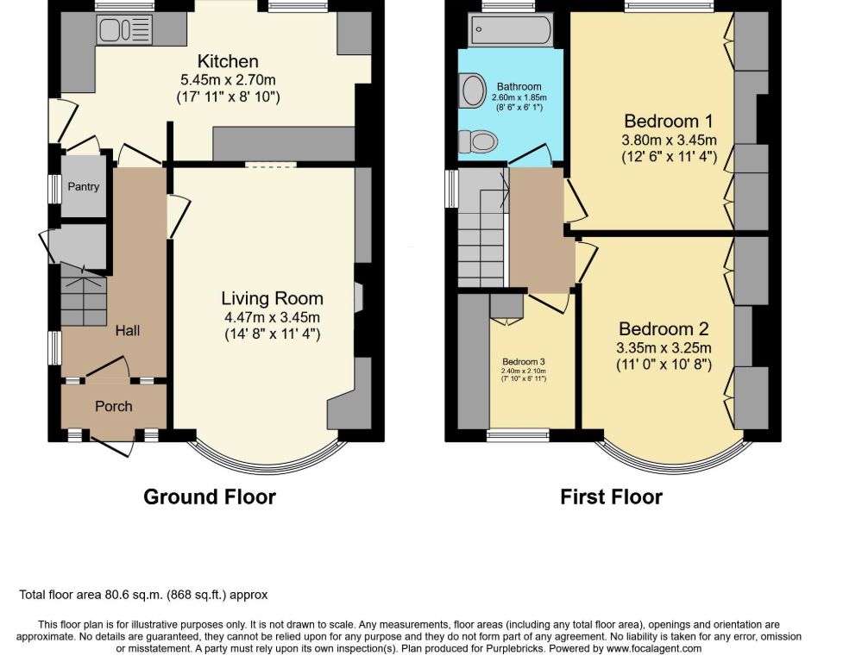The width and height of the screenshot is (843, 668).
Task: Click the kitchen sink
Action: point(125,28)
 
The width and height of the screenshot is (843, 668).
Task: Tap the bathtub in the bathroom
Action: point(510,30)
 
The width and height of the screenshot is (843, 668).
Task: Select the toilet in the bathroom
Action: point(478,141)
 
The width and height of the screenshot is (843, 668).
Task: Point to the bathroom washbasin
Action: point(471,89)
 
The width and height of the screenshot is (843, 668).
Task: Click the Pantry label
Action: point(84,186)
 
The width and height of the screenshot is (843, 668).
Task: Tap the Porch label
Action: point(113,406)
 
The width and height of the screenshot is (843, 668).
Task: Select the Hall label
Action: point(128,330)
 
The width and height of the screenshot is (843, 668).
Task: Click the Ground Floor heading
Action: point(210,496)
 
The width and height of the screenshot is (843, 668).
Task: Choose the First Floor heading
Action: point(611,496)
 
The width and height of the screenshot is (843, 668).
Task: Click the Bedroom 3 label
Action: point(524,362)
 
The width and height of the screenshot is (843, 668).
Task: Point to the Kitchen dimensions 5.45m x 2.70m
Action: point(228,80)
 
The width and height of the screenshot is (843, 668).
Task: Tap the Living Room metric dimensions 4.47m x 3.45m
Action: point(272,317)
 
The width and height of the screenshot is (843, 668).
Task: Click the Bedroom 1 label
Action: point(668,121)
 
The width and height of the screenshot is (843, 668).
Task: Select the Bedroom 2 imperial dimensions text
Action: point(664,365)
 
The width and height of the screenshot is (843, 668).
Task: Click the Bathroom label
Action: point(519,86)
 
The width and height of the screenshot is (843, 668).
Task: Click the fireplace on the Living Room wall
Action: point(359,298)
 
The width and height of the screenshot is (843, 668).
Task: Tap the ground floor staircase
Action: point(83,296)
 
